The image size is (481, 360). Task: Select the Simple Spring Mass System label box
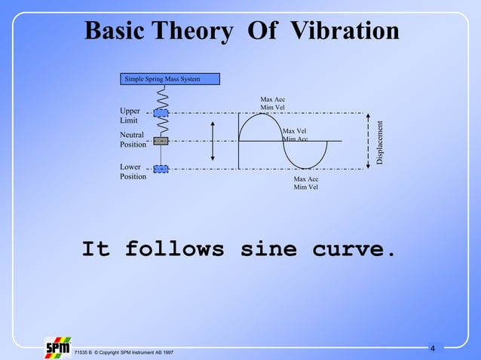point(170,79)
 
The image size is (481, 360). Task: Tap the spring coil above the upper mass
point(161,96)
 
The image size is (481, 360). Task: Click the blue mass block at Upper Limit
point(161,113)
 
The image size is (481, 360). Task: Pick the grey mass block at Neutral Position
point(161,141)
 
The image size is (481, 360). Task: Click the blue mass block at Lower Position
point(161,169)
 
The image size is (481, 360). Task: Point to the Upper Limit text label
point(130,115)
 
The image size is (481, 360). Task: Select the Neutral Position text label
point(133,139)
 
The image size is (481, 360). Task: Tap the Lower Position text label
point(133,172)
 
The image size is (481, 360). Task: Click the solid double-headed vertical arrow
point(213,141)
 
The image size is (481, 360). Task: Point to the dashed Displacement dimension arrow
point(367,141)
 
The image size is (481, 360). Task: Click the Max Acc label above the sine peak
point(273,103)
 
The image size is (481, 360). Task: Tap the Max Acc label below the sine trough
point(305,183)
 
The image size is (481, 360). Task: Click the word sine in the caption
point(268,249)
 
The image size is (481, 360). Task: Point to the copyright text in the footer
point(124,352)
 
